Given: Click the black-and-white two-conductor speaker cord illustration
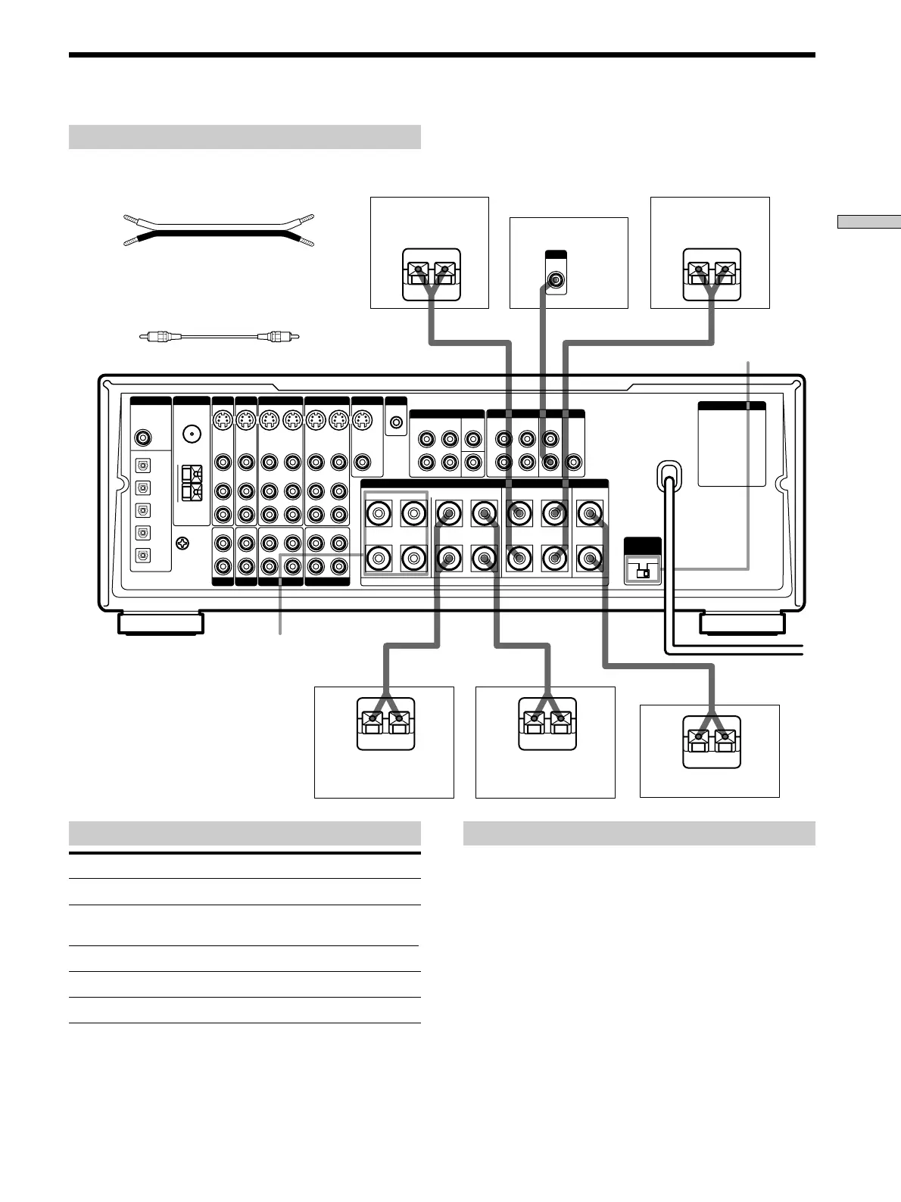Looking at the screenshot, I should click(219, 229).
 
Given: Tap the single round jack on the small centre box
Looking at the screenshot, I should click(556, 281).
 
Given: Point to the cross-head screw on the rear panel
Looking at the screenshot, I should click(182, 543).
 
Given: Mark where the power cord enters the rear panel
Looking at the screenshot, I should click(667, 474).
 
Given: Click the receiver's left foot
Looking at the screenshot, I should click(160, 624).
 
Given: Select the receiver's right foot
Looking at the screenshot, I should click(742, 624).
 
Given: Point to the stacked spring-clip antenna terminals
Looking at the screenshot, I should click(192, 484).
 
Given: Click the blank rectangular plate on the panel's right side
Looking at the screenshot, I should click(731, 447).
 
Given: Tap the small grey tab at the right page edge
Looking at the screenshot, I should click(868, 222).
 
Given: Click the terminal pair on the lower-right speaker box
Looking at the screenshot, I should click(710, 736).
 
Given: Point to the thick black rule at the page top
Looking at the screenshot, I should click(441, 55).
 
